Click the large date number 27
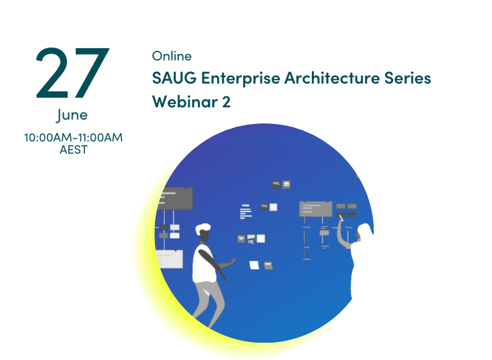(73, 73)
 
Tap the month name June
(72, 115)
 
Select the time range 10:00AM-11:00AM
(73, 138)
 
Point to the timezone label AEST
(73, 150)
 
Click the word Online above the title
(172, 56)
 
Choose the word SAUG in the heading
(174, 78)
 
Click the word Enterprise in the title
(241, 78)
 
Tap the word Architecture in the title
(332, 78)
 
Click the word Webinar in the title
(185, 102)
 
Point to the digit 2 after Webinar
(226, 102)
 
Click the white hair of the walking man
(203, 228)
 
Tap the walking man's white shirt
(203, 264)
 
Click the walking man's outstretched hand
(232, 261)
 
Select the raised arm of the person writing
(342, 232)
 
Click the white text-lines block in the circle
(246, 212)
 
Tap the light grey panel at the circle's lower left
(169, 259)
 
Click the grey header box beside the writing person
(316, 209)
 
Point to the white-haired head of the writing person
(364, 231)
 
